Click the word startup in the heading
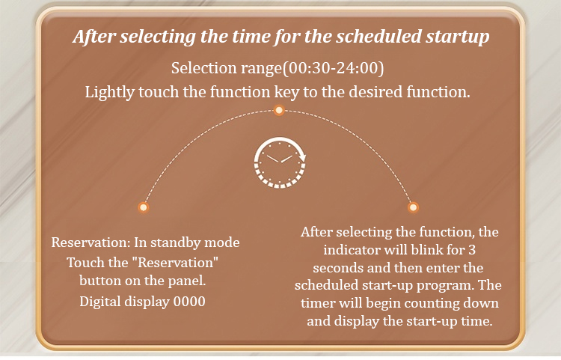tap(457, 37)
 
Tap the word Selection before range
tap(201, 68)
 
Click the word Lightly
tap(109, 92)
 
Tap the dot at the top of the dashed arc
tap(279, 110)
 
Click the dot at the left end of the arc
tap(144, 207)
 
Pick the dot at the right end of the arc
tap(413, 207)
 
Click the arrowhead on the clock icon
tap(303, 156)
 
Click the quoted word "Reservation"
tap(175, 263)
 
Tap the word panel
tap(187, 281)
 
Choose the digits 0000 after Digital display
tap(189, 302)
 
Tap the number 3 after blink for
tap(472, 250)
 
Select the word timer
tap(318, 303)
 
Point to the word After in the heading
tap(94, 37)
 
